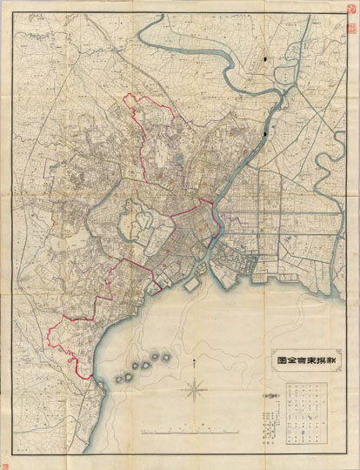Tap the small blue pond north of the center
pyautogui.click(x=177, y=158)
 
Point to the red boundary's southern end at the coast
pyautogui.click(x=88, y=376)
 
